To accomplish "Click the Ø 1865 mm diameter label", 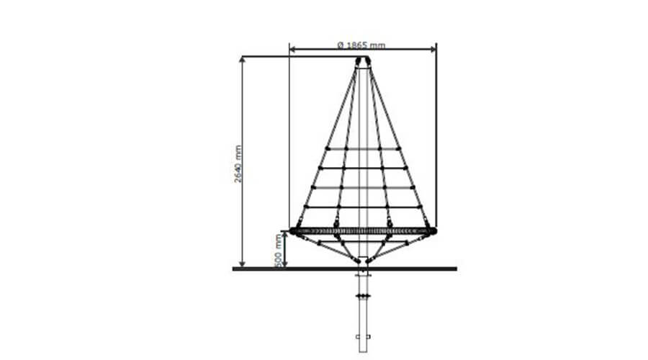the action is (361, 45).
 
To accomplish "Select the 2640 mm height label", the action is (238, 163).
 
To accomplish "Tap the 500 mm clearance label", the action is (279, 251).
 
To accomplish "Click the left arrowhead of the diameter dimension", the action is (292, 50).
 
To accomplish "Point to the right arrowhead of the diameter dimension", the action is (433, 50).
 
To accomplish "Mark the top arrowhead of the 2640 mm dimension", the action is (243, 60).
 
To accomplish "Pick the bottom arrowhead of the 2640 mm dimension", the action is (243, 264).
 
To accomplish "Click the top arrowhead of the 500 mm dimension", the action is (284, 235).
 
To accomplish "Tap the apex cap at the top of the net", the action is (363, 62).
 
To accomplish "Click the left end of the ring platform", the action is (292, 231).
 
